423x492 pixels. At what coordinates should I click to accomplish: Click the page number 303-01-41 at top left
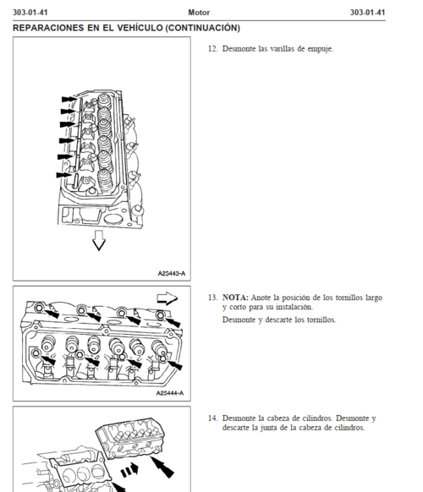coord(30,13)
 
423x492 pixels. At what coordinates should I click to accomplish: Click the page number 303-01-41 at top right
coord(367,13)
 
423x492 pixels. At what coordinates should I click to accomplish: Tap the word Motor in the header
coord(199,13)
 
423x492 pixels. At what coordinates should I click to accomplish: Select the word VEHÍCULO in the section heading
coord(140,28)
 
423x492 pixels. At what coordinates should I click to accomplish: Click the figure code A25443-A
coord(172,273)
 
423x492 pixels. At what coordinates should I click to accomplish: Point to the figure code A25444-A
coord(170,393)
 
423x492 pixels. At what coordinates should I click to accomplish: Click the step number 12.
coord(212,49)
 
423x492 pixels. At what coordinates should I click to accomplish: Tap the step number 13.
coord(212,298)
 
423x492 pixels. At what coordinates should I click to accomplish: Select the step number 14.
coord(212,418)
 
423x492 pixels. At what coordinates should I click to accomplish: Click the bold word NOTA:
coord(235,298)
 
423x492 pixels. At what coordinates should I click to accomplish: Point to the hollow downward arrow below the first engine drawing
coord(99,240)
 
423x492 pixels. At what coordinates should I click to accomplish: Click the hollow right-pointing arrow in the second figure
coord(167,298)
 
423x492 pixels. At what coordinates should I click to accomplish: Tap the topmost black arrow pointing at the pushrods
coord(69,99)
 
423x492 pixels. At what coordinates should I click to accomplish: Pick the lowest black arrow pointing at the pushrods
coord(64,175)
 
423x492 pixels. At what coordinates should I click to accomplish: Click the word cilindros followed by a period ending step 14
coord(349,428)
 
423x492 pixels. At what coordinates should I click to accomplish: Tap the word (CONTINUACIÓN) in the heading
coord(202,28)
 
